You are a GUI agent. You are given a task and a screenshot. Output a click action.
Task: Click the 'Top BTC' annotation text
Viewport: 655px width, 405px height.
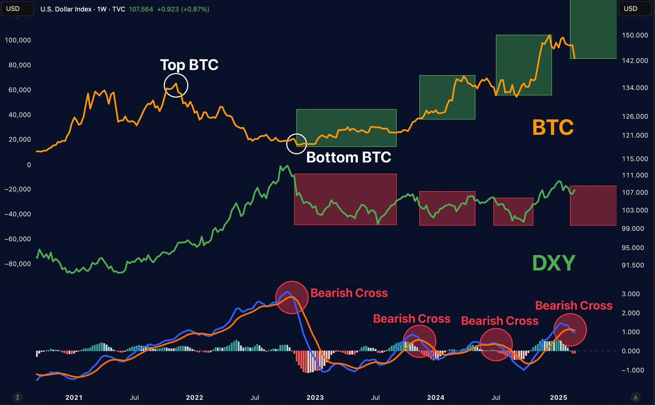(189, 65)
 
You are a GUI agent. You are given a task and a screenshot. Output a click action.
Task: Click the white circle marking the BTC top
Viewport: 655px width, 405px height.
(176, 85)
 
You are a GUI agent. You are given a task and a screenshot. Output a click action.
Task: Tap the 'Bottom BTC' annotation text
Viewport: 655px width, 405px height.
(348, 157)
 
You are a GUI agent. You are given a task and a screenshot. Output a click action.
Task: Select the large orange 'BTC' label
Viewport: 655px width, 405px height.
(553, 127)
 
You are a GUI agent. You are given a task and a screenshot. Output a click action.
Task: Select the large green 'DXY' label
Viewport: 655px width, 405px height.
(553, 263)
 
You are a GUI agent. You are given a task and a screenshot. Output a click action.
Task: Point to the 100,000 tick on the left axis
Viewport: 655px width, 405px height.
(18, 40)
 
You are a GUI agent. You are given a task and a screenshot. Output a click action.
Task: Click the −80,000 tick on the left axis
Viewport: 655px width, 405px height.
(18, 264)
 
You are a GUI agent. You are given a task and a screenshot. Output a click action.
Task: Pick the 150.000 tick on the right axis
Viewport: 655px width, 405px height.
(635, 35)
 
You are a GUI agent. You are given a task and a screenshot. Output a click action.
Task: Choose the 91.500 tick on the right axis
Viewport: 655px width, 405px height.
(633, 265)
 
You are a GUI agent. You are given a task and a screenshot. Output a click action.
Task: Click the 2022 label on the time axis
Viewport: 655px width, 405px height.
(194, 398)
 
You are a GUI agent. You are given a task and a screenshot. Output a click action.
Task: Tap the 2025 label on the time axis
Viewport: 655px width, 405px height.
(558, 398)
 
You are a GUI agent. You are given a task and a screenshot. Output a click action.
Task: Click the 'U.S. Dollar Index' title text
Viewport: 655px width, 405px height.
(66, 9)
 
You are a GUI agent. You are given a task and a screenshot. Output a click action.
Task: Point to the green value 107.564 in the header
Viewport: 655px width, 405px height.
(141, 9)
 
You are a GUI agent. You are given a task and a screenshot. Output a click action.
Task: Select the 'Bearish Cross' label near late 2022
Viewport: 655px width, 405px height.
(349, 293)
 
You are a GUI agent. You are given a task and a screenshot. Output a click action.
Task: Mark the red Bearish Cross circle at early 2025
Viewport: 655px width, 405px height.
(570, 330)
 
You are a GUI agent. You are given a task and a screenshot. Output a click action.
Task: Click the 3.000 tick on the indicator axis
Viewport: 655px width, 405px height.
(630, 294)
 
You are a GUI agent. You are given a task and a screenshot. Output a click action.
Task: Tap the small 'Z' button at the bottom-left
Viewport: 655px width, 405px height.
(17, 397)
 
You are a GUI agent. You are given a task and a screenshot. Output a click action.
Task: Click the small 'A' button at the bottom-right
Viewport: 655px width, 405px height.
(635, 397)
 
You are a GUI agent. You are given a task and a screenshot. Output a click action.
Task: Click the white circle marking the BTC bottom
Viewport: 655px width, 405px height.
(296, 143)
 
